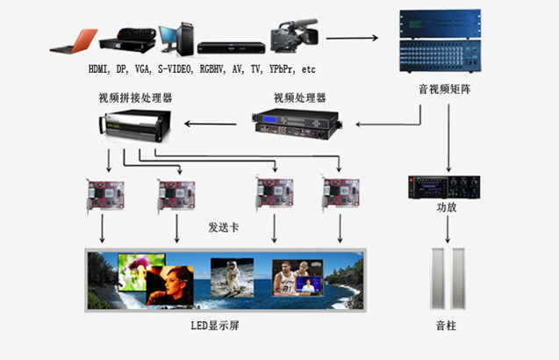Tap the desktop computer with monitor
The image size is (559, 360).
(x=169, y=36)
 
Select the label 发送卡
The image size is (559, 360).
(x=224, y=227)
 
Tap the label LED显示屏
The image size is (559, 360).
(x=216, y=327)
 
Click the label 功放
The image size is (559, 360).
(x=447, y=209)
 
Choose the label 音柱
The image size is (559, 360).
(x=446, y=327)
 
